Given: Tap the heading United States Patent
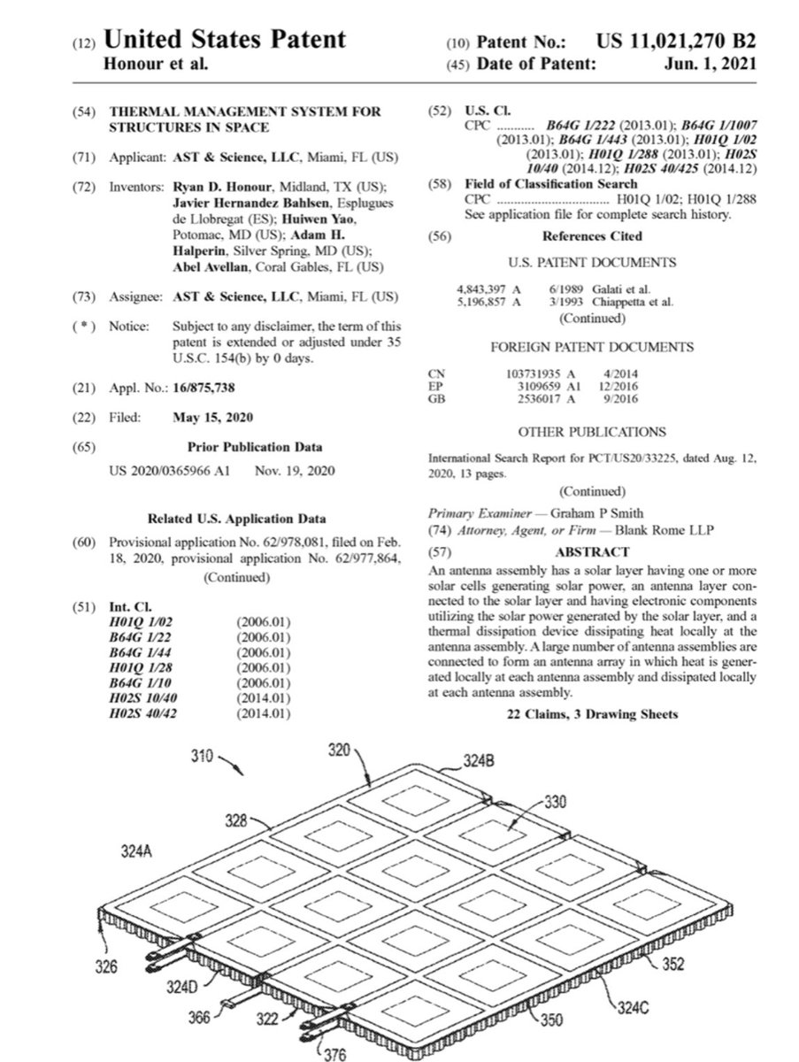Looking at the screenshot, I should tap(225, 40).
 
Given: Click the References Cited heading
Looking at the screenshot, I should tap(592, 236).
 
